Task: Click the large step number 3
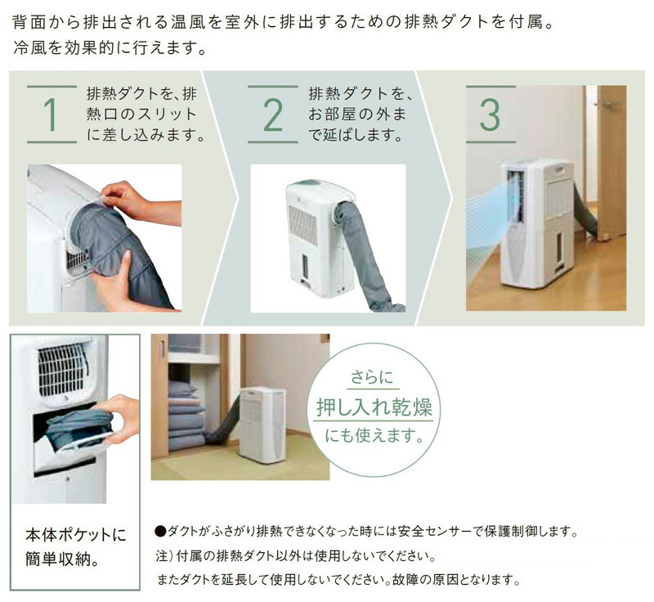[489, 115]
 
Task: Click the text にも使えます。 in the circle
[374, 434]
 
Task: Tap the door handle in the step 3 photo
[607, 105]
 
